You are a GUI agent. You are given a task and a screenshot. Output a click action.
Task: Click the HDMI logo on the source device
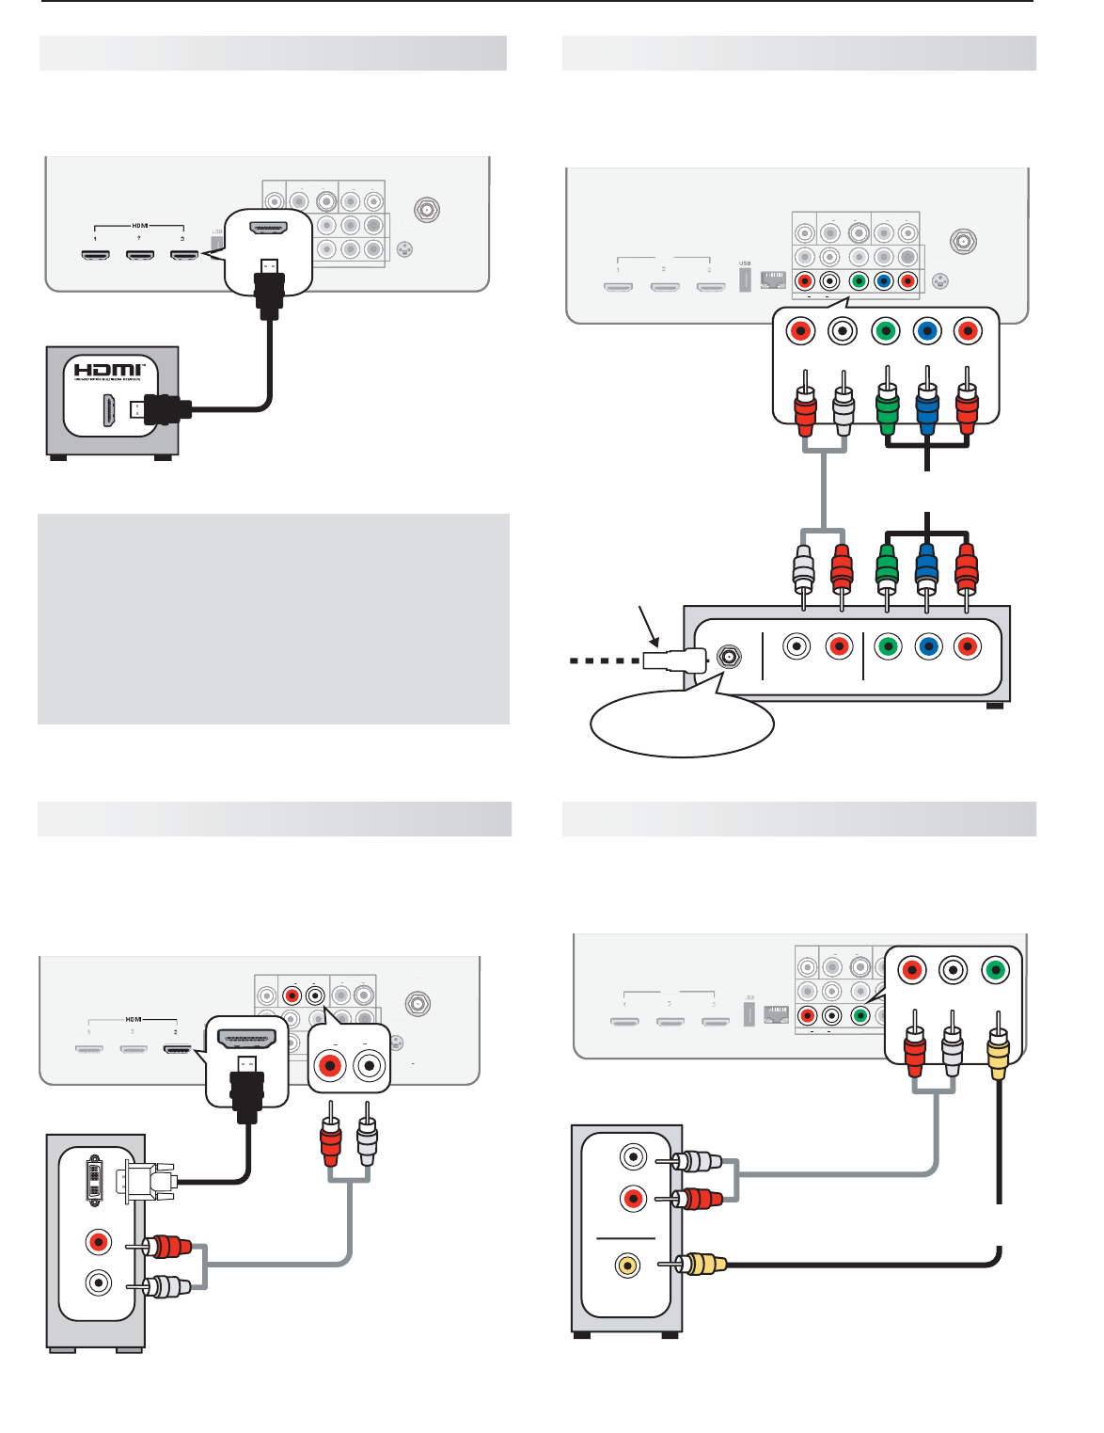[108, 371]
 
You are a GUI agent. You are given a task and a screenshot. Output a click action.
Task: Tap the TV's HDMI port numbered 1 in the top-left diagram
[95, 255]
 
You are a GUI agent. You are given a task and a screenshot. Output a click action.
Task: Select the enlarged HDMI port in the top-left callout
[268, 228]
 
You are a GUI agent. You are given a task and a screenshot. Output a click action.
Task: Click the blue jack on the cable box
[928, 647]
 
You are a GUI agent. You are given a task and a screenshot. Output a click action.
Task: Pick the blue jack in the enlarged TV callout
[927, 331]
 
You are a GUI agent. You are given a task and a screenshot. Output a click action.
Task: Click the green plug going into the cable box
[887, 567]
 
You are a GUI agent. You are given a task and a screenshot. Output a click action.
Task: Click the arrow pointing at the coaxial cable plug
[647, 625]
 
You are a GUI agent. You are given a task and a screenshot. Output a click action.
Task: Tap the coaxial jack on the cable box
[727, 657]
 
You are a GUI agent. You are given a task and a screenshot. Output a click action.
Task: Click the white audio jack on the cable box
[797, 647]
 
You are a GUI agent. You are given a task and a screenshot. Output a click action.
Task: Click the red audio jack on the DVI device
[98, 1242]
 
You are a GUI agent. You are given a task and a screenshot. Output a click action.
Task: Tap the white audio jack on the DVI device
[98, 1282]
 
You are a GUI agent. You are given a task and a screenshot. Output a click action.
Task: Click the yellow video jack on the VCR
[627, 1265]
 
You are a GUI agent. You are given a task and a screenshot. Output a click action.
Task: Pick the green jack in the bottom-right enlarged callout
[996, 970]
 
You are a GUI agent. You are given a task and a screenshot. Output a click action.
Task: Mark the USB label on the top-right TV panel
[745, 263]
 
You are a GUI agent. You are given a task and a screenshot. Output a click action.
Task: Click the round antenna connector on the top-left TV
[427, 209]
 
